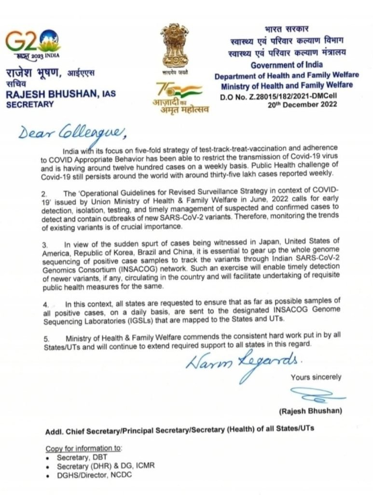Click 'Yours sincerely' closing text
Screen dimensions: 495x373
tap(316, 377)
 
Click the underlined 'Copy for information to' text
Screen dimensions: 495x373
tap(84, 448)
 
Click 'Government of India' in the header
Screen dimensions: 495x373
tap(288, 64)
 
